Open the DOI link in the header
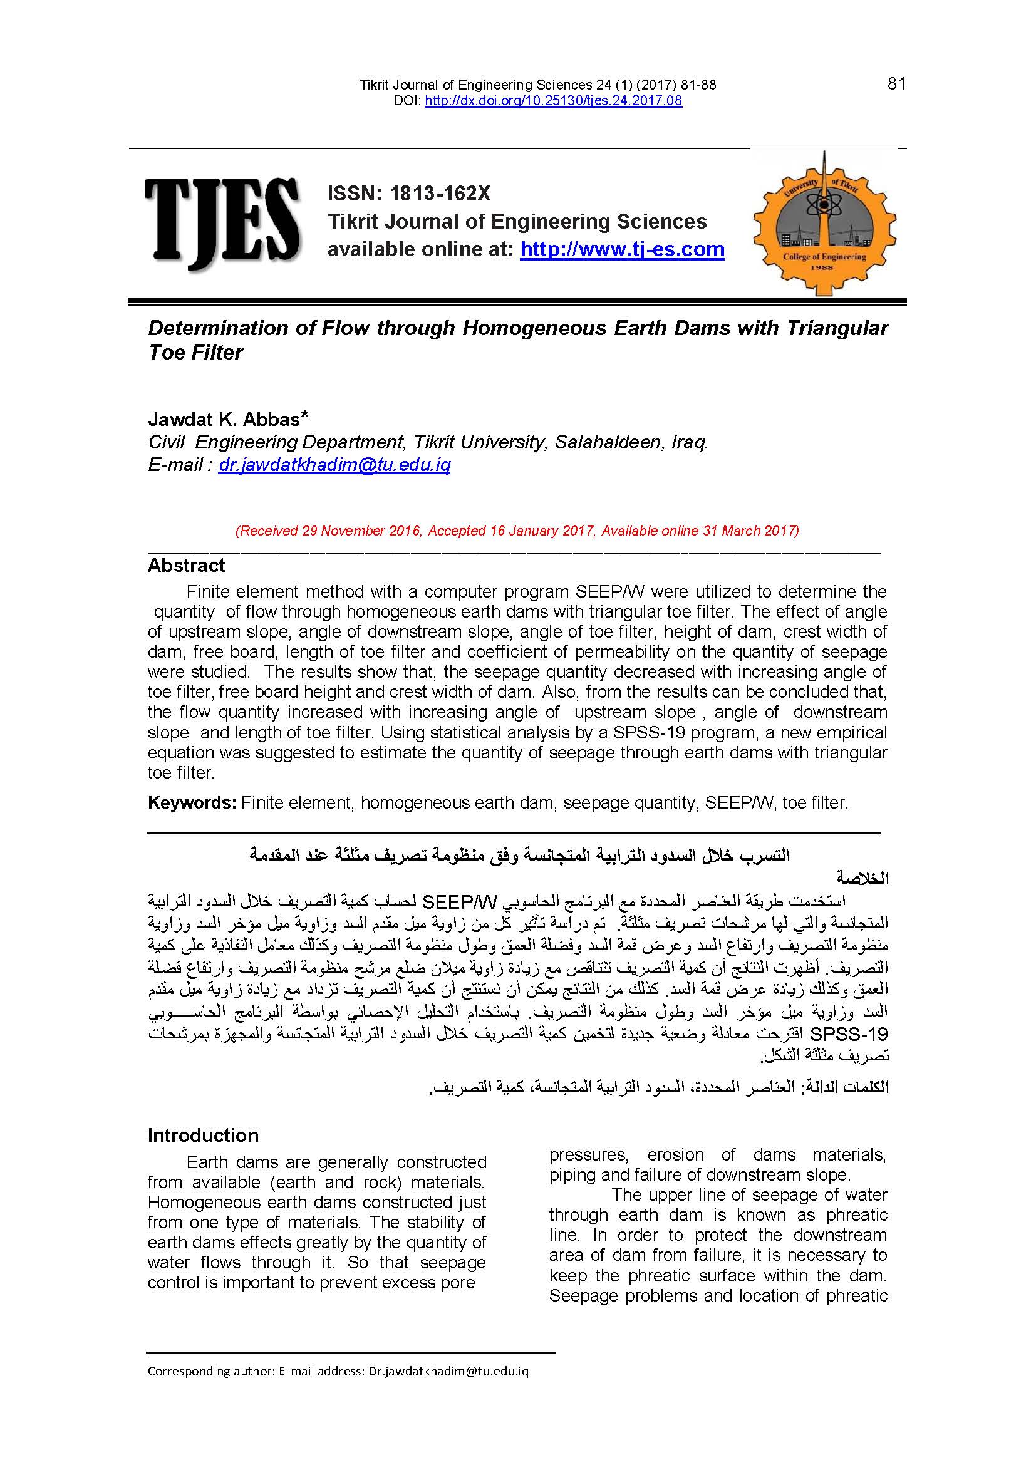[553, 101]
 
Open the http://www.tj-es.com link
[622, 249]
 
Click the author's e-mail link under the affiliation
[334, 465]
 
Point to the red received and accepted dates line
[517, 531]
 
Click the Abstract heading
[186, 566]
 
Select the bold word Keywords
[192, 803]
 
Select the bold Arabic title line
[519, 856]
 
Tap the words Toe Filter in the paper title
[195, 353]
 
